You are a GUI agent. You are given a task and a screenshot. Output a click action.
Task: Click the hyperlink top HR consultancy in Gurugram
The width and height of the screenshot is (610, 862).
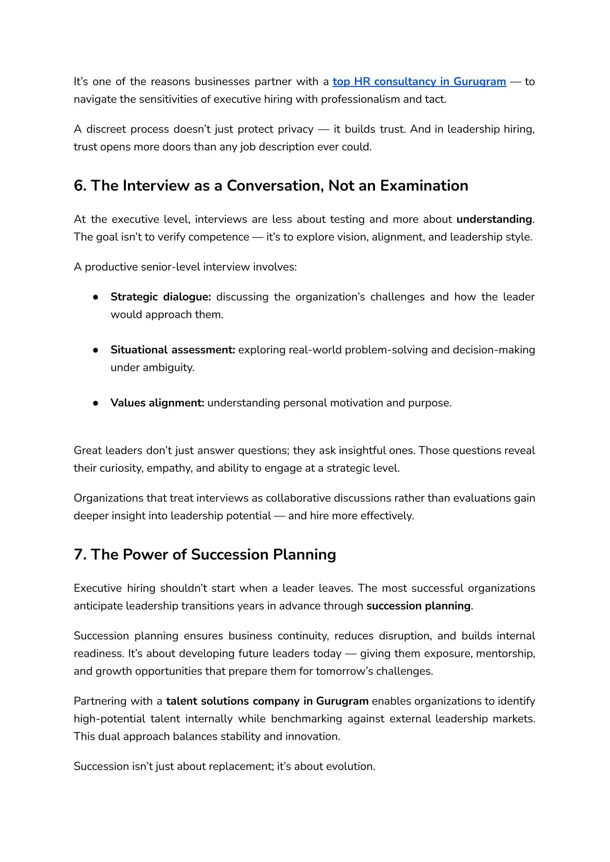419,82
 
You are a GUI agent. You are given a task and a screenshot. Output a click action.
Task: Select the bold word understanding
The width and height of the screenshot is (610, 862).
494,219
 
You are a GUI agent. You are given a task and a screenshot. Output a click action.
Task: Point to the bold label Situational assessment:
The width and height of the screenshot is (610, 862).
172,350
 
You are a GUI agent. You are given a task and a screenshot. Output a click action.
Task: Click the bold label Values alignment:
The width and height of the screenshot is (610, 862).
157,403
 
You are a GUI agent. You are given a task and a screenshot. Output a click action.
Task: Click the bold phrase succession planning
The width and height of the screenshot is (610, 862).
418,606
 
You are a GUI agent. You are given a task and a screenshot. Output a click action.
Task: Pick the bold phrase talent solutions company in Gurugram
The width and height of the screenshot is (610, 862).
267,701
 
